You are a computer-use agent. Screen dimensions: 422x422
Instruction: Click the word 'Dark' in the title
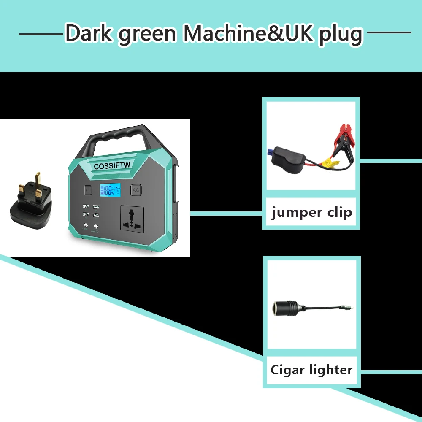(89, 34)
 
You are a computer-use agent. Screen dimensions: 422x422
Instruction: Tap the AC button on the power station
(136, 190)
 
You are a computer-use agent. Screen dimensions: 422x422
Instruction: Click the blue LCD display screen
(110, 190)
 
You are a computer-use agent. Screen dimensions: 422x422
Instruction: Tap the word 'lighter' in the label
(331, 370)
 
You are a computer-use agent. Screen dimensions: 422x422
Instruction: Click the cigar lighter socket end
(283, 308)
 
